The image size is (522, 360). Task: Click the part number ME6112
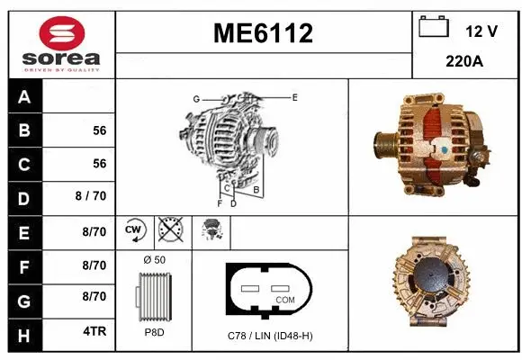tap(263, 33)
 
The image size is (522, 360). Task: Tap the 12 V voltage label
tap(481, 31)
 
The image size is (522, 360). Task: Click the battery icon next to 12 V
tap(434, 28)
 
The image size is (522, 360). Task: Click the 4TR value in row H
tap(94, 331)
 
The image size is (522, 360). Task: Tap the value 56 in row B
tap(99, 130)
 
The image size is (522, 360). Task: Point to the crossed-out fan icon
tap(169, 231)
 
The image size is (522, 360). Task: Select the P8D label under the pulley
tap(154, 332)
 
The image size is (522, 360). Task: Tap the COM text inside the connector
tap(284, 299)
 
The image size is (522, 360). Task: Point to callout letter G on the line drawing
tap(195, 98)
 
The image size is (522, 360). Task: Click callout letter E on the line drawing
tap(294, 96)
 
